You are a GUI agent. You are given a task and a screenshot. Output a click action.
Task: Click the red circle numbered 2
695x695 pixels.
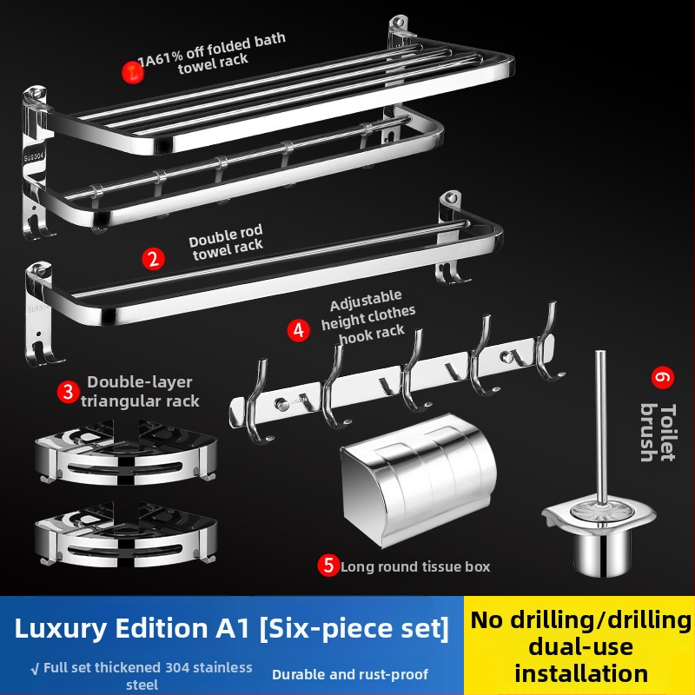tap(154, 259)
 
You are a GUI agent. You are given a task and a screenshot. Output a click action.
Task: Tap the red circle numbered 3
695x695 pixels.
tap(69, 392)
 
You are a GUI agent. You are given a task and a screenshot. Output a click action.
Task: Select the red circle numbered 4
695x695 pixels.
tap(298, 330)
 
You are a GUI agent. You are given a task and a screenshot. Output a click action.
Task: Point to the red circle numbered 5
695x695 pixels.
tap(328, 566)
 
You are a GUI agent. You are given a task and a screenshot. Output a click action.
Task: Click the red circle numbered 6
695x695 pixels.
tap(663, 378)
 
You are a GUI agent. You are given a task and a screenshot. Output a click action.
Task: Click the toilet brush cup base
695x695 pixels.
tap(601, 554)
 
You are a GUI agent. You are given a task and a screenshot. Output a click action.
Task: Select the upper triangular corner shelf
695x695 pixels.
tap(126, 452)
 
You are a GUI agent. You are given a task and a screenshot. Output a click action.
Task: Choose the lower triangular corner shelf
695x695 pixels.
tap(126, 534)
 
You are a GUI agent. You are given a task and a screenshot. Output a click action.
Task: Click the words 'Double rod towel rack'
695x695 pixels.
tap(227, 242)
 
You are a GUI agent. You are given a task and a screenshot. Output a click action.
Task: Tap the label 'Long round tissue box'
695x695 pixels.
tap(415, 566)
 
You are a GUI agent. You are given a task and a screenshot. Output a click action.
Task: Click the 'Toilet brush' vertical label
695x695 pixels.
tap(659, 432)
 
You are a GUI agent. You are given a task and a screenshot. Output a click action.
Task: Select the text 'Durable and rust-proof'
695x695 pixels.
tap(350, 675)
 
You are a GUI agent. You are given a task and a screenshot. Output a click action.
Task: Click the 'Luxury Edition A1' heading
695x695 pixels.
tap(132, 628)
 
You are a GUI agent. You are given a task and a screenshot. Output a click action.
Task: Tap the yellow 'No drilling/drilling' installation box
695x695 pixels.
tap(579, 645)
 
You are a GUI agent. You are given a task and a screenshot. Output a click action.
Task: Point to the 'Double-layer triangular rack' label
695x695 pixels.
tap(140, 392)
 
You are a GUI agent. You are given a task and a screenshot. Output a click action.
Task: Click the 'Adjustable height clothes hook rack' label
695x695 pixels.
tap(367, 316)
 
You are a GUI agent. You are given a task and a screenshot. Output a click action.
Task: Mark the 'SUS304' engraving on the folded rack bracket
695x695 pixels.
tap(34, 157)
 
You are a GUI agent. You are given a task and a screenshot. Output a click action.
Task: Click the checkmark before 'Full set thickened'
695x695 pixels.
tap(35, 669)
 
